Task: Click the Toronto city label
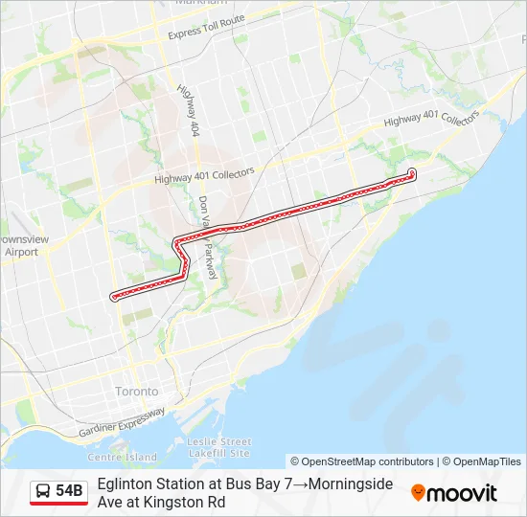pos(136,393)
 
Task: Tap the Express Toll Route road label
pos(206,27)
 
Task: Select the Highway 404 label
pos(188,108)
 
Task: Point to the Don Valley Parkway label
pos(208,237)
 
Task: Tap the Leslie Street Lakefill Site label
pos(219,447)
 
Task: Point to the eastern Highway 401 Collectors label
pos(431,119)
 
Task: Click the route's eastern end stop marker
pos(412,172)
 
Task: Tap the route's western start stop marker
pos(114,297)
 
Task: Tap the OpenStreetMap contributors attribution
pos(361,461)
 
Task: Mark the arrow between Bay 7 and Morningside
pos(300,484)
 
